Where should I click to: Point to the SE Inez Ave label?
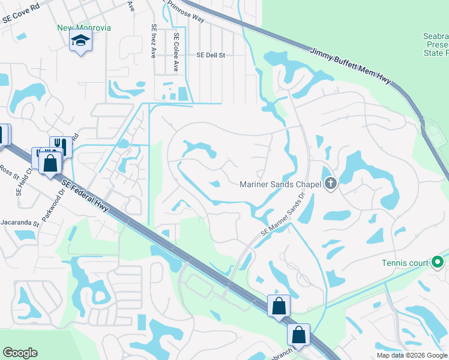click(x=154, y=41)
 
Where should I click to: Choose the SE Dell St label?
click(x=210, y=55)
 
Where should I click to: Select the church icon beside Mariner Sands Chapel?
click(x=330, y=184)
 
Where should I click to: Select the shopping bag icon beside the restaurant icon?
click(x=50, y=162)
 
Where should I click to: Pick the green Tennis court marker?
click(x=438, y=262)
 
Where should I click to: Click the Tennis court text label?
click(x=405, y=263)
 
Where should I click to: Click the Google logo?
click(x=20, y=353)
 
